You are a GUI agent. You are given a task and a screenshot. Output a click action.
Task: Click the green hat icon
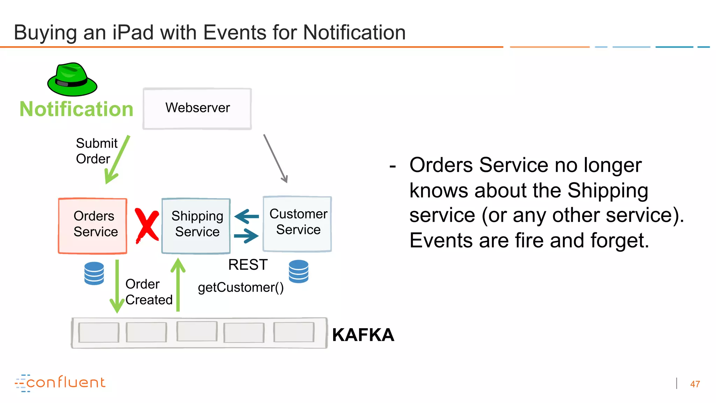(x=72, y=80)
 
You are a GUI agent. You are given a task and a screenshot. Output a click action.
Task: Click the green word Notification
(x=76, y=109)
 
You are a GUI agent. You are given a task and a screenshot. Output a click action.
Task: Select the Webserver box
(x=197, y=108)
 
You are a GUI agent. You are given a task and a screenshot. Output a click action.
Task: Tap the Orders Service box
(x=93, y=226)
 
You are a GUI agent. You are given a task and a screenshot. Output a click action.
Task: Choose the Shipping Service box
(x=196, y=226)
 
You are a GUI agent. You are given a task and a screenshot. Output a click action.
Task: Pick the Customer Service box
(x=297, y=224)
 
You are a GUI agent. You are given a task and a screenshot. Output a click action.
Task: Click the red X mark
(x=147, y=225)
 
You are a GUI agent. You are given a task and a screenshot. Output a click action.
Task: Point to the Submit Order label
(x=96, y=151)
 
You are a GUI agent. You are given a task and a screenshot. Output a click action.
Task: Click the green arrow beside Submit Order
(x=117, y=160)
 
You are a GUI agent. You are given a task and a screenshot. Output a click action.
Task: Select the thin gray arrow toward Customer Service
(x=275, y=158)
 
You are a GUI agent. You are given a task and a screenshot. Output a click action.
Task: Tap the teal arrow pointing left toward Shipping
(x=246, y=217)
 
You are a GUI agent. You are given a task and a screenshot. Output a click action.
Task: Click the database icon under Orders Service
(x=94, y=273)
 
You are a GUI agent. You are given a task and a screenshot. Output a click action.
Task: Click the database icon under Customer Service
(x=299, y=271)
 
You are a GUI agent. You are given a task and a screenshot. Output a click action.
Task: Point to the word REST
(x=248, y=265)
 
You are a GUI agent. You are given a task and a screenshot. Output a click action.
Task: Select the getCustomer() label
(x=241, y=288)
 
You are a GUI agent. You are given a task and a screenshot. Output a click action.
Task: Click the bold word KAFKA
(x=363, y=335)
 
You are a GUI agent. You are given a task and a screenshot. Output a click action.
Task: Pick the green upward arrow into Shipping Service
(x=178, y=285)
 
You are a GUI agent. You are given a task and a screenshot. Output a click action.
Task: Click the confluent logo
(x=60, y=383)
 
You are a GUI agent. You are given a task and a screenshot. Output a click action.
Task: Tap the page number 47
(x=695, y=384)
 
